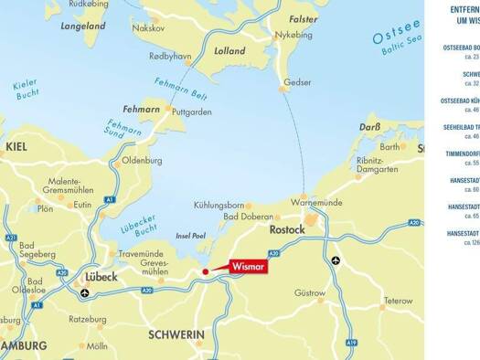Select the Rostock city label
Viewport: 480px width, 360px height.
pyautogui.click(x=286, y=230)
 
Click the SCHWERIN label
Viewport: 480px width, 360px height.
pyautogui.click(x=176, y=335)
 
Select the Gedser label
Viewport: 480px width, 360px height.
pyautogui.click(x=297, y=82)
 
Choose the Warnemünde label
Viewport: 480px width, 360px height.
pyautogui.click(x=315, y=201)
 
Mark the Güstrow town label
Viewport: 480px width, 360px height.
pyautogui.click(x=310, y=293)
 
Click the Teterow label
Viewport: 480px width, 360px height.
pyautogui.click(x=398, y=301)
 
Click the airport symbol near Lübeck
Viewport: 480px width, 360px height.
pyautogui.click(x=85, y=293)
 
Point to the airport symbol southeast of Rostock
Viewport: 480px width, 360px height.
pyautogui.click(x=336, y=260)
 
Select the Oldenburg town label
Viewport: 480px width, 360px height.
pyautogui.click(x=142, y=161)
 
